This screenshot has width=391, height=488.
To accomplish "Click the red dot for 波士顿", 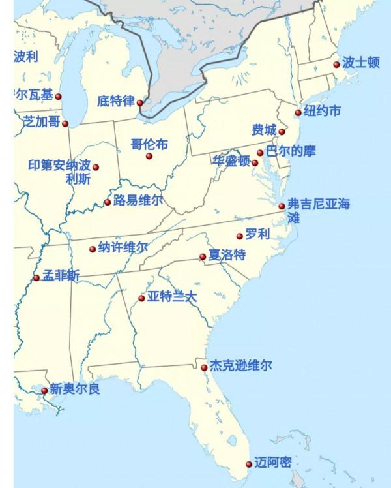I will (336, 64).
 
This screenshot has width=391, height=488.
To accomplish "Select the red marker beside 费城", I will (282, 132).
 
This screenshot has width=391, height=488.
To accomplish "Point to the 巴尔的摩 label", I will (291, 151).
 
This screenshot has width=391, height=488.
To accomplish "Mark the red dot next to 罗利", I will (239, 236).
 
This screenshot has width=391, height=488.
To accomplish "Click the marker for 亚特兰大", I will (141, 299).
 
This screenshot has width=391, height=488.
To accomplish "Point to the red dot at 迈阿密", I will (248, 465).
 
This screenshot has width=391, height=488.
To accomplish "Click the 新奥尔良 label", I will (75, 389).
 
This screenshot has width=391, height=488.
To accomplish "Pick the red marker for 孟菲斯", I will (36, 278).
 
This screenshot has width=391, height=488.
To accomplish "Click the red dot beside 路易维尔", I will (108, 202).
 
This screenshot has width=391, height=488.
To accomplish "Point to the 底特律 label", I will (115, 101).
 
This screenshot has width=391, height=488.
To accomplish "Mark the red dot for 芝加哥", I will (65, 123).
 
